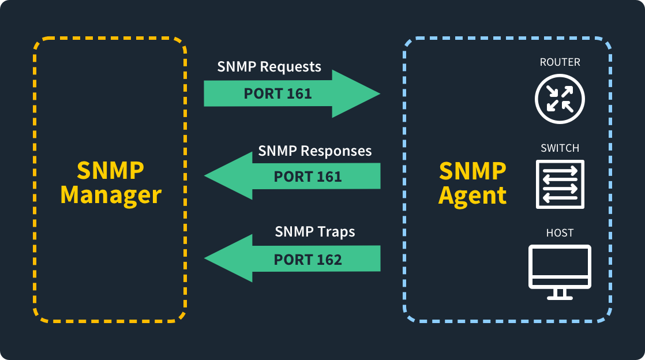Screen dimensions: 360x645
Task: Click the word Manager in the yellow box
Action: tap(111, 195)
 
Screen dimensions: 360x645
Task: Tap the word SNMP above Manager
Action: tap(111, 170)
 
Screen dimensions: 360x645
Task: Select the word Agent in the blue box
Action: tap(472, 195)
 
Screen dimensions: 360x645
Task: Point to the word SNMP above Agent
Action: tap(472, 170)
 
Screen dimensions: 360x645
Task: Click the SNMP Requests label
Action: tap(269, 67)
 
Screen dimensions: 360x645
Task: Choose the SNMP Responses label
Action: tap(315, 151)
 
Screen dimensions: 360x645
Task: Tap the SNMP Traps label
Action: tap(315, 232)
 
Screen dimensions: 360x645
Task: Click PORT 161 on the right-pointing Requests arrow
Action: tap(277, 93)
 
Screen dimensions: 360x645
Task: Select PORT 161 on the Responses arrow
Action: tap(308, 177)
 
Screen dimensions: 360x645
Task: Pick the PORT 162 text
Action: tap(308, 260)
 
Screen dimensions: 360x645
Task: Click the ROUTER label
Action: tap(560, 62)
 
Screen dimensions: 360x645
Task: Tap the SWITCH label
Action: tap(560, 148)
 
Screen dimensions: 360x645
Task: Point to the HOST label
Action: tap(560, 233)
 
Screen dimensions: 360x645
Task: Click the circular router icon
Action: tap(560, 99)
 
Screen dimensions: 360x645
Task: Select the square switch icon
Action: tap(560, 184)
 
